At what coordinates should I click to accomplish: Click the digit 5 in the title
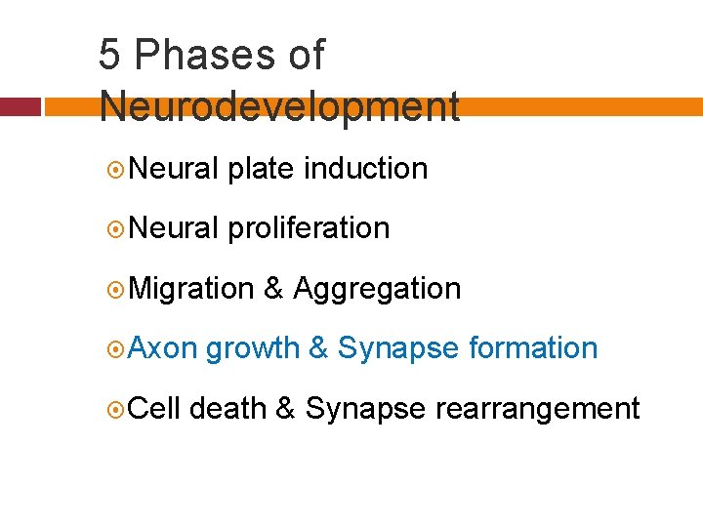tap(110, 56)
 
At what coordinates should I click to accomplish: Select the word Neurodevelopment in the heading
tap(279, 106)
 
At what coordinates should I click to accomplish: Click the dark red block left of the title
tap(20, 106)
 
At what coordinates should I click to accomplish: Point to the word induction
tap(366, 169)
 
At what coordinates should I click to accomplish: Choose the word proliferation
tap(309, 228)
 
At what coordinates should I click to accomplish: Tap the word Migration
tap(191, 289)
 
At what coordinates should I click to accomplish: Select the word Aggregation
tap(377, 289)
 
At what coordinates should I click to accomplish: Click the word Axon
tap(163, 348)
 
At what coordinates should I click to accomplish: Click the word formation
tap(533, 348)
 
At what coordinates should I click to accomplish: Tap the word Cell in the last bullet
tap(154, 408)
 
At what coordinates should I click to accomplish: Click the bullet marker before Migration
tap(115, 289)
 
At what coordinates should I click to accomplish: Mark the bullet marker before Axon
tap(115, 348)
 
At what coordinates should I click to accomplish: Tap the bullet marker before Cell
tap(115, 408)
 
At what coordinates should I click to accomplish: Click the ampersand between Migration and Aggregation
tap(274, 289)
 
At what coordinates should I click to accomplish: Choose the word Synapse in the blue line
tap(398, 348)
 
